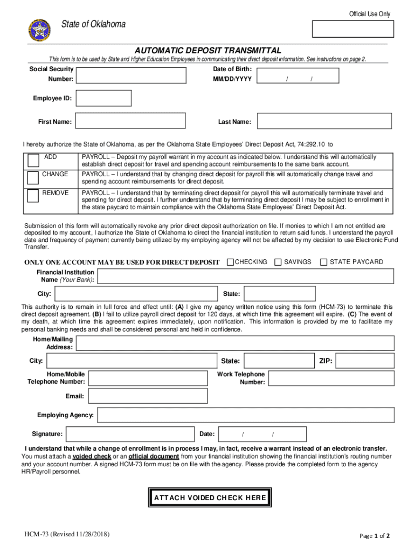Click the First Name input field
(129, 121)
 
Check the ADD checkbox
(33, 160)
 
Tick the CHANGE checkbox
(33, 178)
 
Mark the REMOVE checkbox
(33, 196)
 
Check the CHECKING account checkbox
(231, 262)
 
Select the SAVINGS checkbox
(278, 262)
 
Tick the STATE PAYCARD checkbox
(324, 262)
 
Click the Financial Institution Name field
(245, 276)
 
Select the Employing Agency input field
(245, 415)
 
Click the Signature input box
(129, 434)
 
